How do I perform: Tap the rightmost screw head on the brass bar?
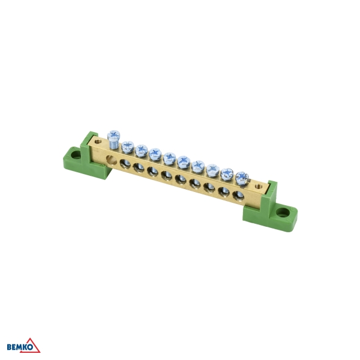click(x=242, y=177)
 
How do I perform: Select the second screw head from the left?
click(x=127, y=146)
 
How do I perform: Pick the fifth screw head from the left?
click(x=170, y=158)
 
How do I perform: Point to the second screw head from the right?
click(x=227, y=173)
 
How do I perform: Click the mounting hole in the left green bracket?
click(x=75, y=155)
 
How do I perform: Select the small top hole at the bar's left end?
click(x=98, y=142)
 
